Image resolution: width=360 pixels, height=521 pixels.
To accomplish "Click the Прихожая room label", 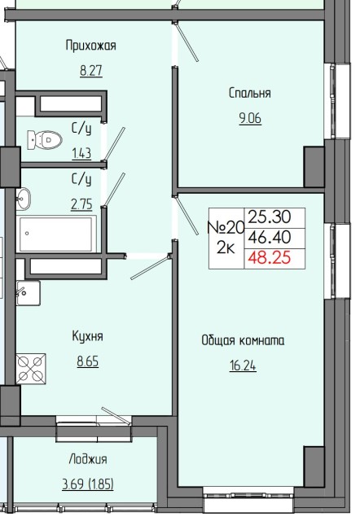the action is tap(90, 46).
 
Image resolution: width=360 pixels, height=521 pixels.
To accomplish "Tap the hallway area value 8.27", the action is tap(91, 71).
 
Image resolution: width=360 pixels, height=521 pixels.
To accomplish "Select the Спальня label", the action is tap(250, 93).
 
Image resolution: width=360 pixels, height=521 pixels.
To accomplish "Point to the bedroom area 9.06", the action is tap(250, 118).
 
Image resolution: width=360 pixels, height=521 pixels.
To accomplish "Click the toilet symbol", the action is tap(45, 140).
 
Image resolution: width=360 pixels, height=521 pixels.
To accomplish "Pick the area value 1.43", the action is tap(81, 154).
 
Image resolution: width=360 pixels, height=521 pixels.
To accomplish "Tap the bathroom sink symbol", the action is tap(24, 199).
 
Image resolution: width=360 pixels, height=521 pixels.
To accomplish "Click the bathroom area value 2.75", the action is tap(81, 204).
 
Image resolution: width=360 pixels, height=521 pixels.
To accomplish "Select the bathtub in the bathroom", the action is tap(56, 234).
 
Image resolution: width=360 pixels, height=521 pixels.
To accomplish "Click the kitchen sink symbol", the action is tap(29, 293).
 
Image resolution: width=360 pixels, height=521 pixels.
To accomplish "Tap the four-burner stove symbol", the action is tap(31, 369).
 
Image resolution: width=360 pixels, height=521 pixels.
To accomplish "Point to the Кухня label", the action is tap(87, 336).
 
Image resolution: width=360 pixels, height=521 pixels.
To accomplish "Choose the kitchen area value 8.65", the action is tap(88, 361).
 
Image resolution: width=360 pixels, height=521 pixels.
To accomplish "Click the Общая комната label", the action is tap(243, 341).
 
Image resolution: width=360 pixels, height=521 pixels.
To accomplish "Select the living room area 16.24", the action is tap(243, 366).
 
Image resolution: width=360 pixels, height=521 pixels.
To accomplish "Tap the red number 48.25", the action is tap(270, 258).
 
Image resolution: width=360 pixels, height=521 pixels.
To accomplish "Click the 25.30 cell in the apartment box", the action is tap(270, 217).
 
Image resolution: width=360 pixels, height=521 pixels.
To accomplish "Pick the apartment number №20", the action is tap(226, 228).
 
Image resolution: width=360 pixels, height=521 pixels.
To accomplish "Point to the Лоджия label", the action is tap(88, 459).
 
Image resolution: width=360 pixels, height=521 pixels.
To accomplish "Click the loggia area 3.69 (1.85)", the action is tap(88, 484).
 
